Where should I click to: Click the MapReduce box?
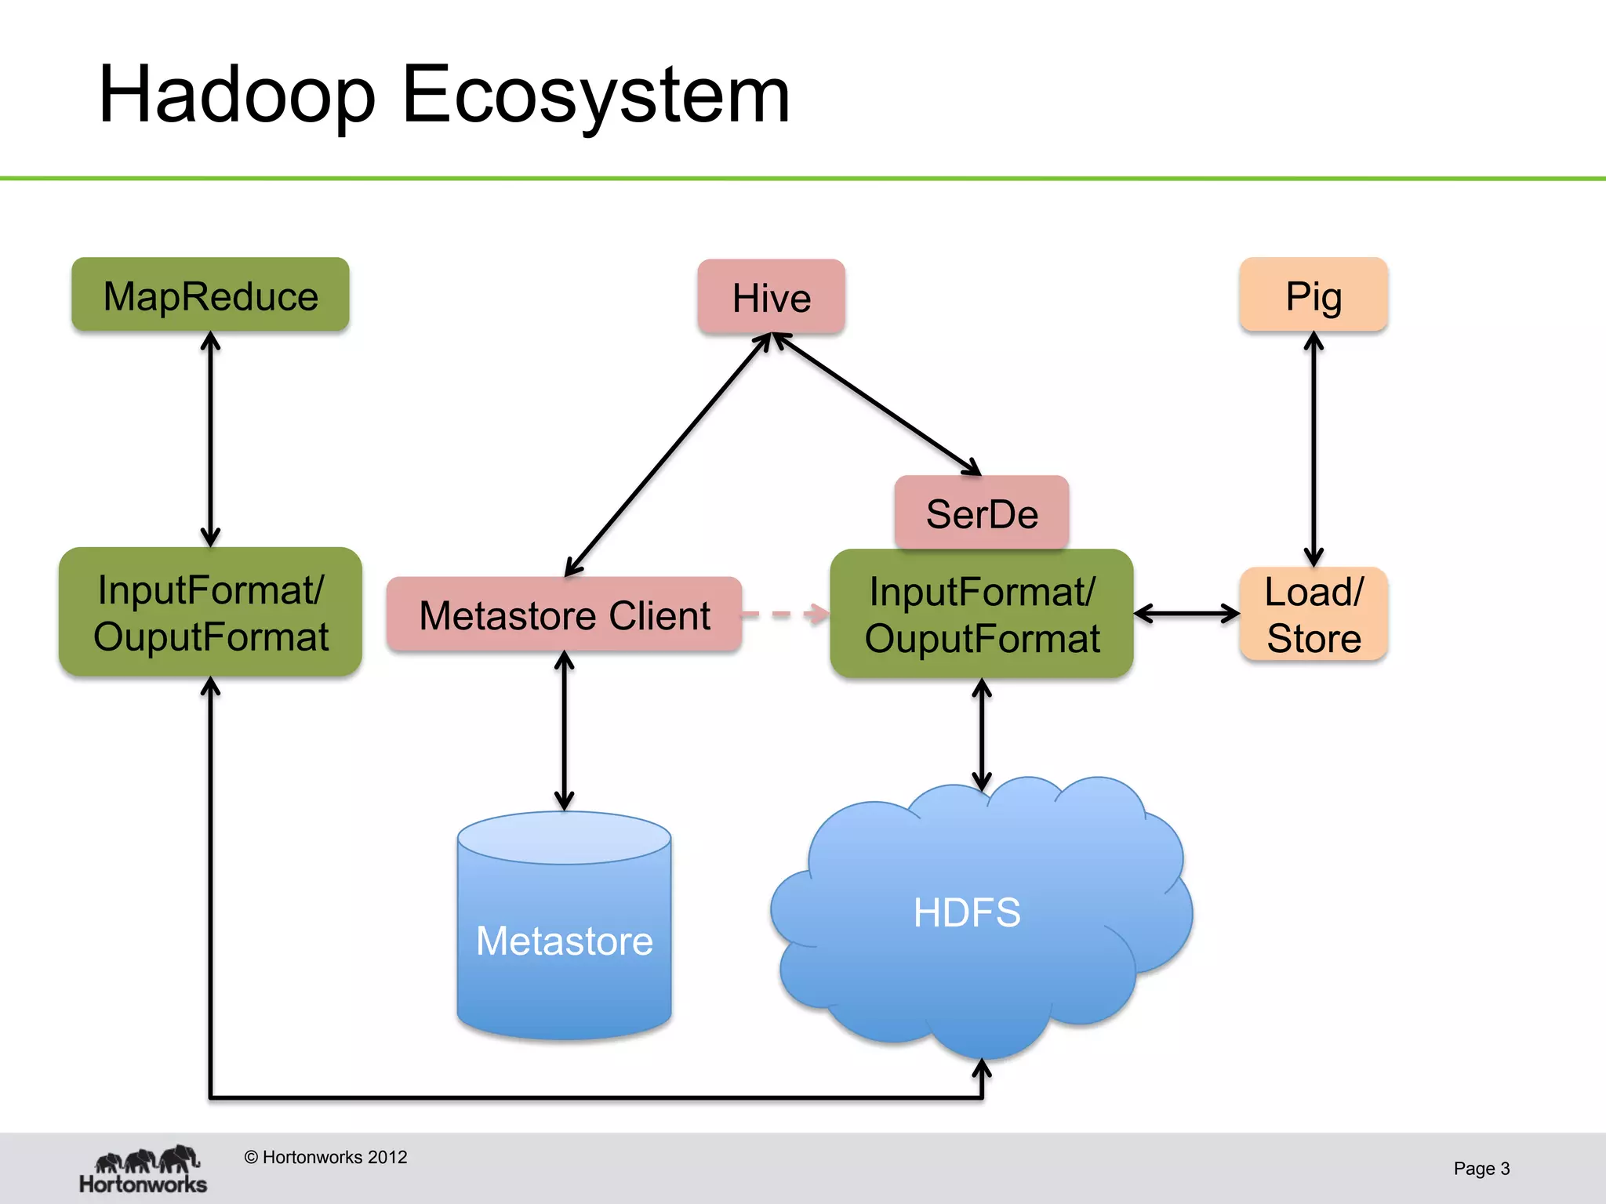(x=210, y=296)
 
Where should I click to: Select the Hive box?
(x=771, y=298)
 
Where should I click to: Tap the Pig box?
(x=1314, y=296)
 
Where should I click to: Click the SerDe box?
(x=981, y=513)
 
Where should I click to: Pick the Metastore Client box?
(x=564, y=615)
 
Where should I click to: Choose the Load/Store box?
(x=1314, y=615)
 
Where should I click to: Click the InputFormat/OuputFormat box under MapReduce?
(x=210, y=612)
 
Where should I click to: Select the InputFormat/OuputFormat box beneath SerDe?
(x=981, y=614)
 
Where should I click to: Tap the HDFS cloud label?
(x=966, y=912)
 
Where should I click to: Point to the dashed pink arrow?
(x=784, y=614)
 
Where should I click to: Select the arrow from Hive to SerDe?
(x=877, y=404)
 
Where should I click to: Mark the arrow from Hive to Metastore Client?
(x=668, y=455)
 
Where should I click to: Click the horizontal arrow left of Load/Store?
(x=1186, y=614)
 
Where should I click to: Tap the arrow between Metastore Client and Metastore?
(x=564, y=731)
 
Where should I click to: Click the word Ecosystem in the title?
(x=596, y=96)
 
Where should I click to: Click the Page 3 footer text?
(x=1481, y=1169)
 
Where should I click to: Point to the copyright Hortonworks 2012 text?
(x=325, y=1157)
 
